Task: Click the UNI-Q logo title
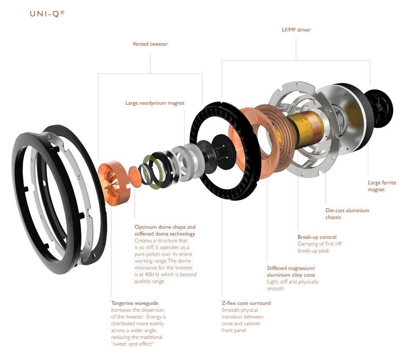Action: click(x=47, y=14)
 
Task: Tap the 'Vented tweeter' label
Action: click(x=150, y=44)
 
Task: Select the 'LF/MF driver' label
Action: click(x=296, y=30)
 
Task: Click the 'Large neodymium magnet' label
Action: click(x=155, y=103)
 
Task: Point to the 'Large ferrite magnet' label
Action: click(x=382, y=186)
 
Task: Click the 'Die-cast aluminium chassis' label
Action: click(x=347, y=213)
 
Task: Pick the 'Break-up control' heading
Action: click(x=317, y=237)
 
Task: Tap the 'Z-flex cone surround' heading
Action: click(x=246, y=303)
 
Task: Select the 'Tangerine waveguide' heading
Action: click(x=135, y=303)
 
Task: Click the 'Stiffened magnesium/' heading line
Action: click(x=291, y=268)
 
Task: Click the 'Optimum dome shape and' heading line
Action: click(x=165, y=227)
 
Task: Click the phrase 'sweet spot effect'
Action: click(x=133, y=344)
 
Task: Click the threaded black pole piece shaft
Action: click(x=222, y=152)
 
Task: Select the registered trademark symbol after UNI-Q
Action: click(x=63, y=12)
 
